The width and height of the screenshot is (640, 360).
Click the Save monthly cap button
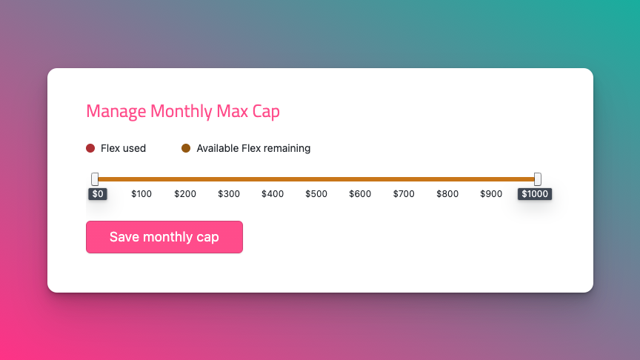164,237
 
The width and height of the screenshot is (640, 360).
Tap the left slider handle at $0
95,179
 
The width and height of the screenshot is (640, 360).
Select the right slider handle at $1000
538,179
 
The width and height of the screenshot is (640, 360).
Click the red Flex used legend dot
90,148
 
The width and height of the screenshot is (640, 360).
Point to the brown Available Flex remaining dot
186,148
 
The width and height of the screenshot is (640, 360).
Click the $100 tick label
141,194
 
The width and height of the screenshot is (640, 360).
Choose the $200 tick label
185,194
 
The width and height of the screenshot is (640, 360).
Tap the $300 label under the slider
229,194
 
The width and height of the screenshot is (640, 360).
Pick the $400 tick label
273,194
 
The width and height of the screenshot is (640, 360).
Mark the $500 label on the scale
316,194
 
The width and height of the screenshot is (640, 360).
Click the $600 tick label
360,194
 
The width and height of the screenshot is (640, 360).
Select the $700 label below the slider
404,194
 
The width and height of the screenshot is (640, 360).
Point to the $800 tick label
447,194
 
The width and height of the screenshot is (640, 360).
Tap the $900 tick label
491,194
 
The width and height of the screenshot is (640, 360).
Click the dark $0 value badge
98,194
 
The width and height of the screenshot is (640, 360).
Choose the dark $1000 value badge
535,194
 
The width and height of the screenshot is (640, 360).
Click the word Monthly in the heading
181,111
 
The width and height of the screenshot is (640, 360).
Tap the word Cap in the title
266,111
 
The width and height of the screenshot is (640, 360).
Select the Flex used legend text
123,148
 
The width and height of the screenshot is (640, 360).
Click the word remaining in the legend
287,148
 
